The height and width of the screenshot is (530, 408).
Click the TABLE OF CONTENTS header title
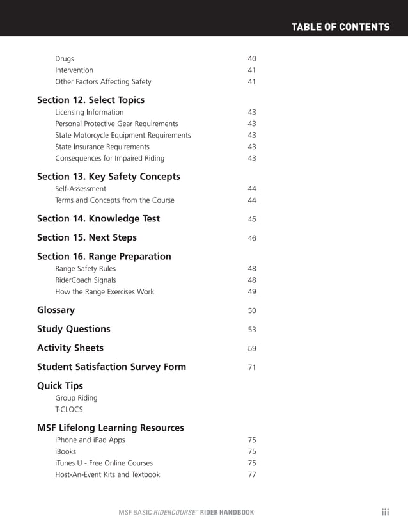(x=340, y=27)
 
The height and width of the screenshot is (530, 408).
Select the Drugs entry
(x=65, y=59)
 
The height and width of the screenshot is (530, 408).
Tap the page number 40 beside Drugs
(x=251, y=59)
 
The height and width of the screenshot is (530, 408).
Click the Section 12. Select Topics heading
(x=91, y=100)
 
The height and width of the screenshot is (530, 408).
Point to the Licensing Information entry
(x=90, y=112)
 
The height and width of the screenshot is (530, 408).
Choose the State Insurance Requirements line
(x=102, y=147)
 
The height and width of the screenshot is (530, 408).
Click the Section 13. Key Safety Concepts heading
(x=109, y=176)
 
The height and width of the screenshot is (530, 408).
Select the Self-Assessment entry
(x=81, y=189)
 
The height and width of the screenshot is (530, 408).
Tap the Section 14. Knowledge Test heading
(x=98, y=218)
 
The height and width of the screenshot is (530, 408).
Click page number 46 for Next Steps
(x=251, y=238)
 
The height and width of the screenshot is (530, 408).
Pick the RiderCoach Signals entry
(x=86, y=280)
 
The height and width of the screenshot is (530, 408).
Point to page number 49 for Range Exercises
(x=251, y=292)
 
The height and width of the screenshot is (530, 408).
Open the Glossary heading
(x=56, y=310)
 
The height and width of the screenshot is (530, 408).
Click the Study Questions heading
(x=74, y=329)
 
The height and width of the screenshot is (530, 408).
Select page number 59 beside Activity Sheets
(x=251, y=349)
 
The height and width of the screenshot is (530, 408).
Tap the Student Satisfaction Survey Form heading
(x=112, y=367)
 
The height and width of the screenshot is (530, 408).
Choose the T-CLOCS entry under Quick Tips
(x=69, y=410)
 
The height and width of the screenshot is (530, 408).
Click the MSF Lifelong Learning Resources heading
(x=111, y=428)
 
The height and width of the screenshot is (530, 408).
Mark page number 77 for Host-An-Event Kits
(x=251, y=475)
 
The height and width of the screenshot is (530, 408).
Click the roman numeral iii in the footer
(x=385, y=512)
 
